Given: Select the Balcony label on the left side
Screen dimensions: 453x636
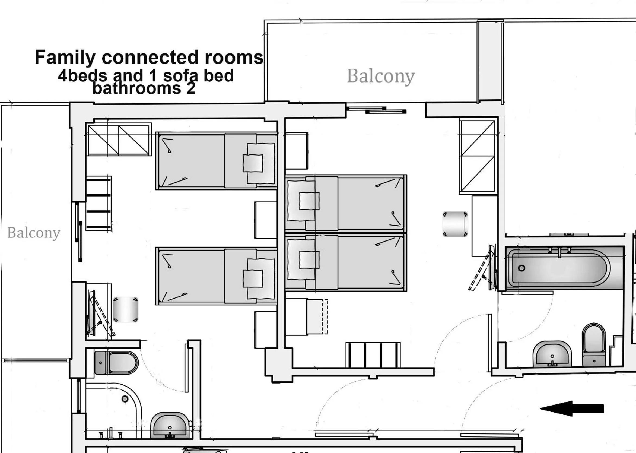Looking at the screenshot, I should [34, 233].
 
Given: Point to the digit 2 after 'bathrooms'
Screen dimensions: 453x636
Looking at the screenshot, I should [191, 88].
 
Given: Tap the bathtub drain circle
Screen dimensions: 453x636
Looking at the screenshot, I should [522, 268].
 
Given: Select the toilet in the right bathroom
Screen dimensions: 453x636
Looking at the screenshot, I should [594, 345].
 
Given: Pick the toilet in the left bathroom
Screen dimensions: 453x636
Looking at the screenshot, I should [117, 363].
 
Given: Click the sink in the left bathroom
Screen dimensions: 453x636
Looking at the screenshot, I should [170, 425].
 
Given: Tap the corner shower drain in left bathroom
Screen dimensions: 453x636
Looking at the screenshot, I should [125, 399].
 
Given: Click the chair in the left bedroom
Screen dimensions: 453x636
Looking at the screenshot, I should [125, 310].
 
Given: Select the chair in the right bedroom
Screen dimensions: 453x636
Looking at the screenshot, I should [455, 224].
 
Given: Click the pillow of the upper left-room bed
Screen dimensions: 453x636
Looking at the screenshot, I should [253, 163].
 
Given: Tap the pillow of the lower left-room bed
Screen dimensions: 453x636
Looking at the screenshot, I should [253, 278].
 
